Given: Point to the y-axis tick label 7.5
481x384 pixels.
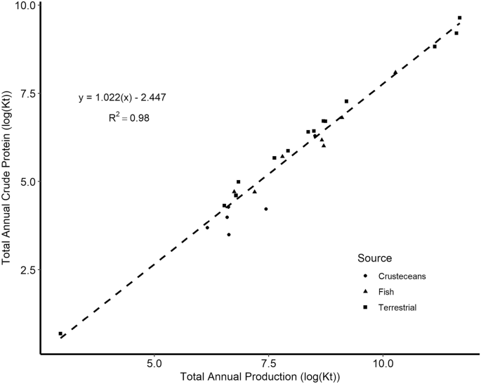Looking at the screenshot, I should coord(27,94).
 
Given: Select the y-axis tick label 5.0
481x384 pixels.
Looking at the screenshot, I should coord(27,181).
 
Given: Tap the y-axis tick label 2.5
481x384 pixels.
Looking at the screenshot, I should coord(27,269).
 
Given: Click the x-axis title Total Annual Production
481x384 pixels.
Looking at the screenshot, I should coord(260,377).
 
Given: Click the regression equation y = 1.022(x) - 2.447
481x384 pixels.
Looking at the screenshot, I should coord(122,97).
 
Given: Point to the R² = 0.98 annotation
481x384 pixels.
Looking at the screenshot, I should coord(129,118).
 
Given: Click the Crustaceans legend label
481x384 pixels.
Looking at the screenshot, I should coord(402,276).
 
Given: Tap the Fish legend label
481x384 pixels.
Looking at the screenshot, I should coord(386,292).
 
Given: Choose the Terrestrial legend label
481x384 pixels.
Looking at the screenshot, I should coord(397,307).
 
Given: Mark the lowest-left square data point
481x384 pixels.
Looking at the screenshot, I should coord(60,334).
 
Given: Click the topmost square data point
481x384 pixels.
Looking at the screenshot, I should coord(459,18).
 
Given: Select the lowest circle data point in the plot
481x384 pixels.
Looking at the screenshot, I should coord(229,234).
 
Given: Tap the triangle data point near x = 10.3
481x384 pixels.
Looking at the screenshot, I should coord(395,72).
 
